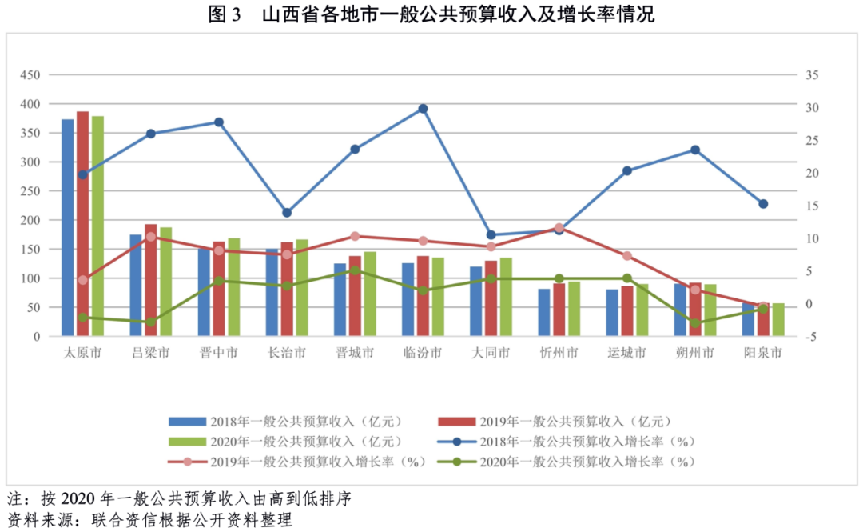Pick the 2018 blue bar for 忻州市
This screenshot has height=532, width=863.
click(544, 313)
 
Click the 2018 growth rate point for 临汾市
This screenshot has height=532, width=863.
click(423, 109)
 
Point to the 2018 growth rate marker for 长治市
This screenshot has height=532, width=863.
click(287, 213)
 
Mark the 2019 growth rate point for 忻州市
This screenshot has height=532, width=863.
click(559, 228)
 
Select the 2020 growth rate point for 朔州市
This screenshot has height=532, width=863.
click(695, 324)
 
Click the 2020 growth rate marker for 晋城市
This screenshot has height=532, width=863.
click(355, 270)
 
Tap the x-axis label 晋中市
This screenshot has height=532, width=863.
click(218, 354)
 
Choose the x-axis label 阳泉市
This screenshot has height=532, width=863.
click(763, 354)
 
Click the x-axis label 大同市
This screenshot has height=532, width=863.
click(491, 354)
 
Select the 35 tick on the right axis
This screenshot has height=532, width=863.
click(812, 75)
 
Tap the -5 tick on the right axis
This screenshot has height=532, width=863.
click(810, 337)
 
